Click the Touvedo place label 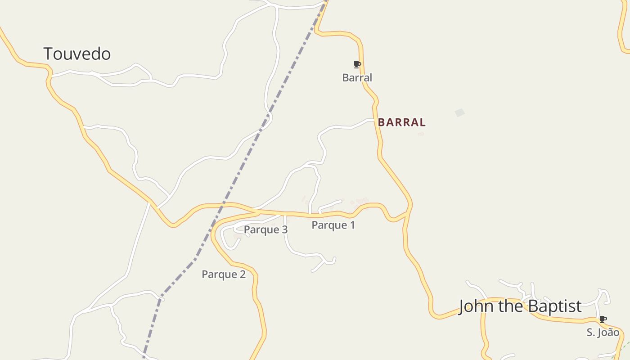pos(77,54)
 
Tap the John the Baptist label pos(520,306)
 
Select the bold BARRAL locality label pos(401,122)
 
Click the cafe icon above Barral pos(357,65)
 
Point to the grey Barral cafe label pos(357,78)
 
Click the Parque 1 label pos(333,225)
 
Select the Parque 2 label pos(224,274)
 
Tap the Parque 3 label pos(265,229)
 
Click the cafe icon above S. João pos(603,319)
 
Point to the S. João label pos(603,333)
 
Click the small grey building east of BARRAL pos(459,112)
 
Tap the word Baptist pos(555,306)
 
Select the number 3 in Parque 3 pos(284,229)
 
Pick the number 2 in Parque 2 pos(243,274)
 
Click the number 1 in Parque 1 pos(352,225)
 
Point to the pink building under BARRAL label pos(421,134)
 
